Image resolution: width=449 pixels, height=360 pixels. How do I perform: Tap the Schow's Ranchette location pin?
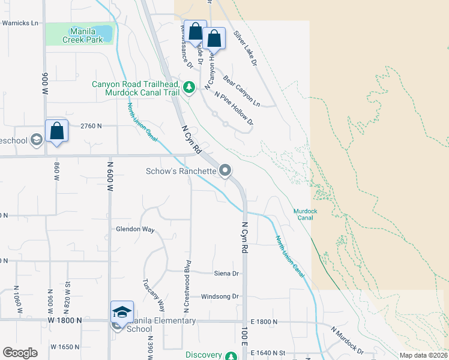(225, 171)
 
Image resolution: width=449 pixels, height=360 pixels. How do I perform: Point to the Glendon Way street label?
(135, 229)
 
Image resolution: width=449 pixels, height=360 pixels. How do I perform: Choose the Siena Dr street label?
(226, 274)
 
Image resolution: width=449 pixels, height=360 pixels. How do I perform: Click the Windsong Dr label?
(220, 296)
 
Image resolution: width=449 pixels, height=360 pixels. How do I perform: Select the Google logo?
(20, 353)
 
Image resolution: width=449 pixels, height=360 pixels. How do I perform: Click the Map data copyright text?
(424, 355)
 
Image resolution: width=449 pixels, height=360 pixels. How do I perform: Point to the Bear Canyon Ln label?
(241, 91)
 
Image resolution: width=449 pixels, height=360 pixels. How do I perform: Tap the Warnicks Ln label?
(20, 23)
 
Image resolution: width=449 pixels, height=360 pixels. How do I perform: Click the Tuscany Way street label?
(153, 294)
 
